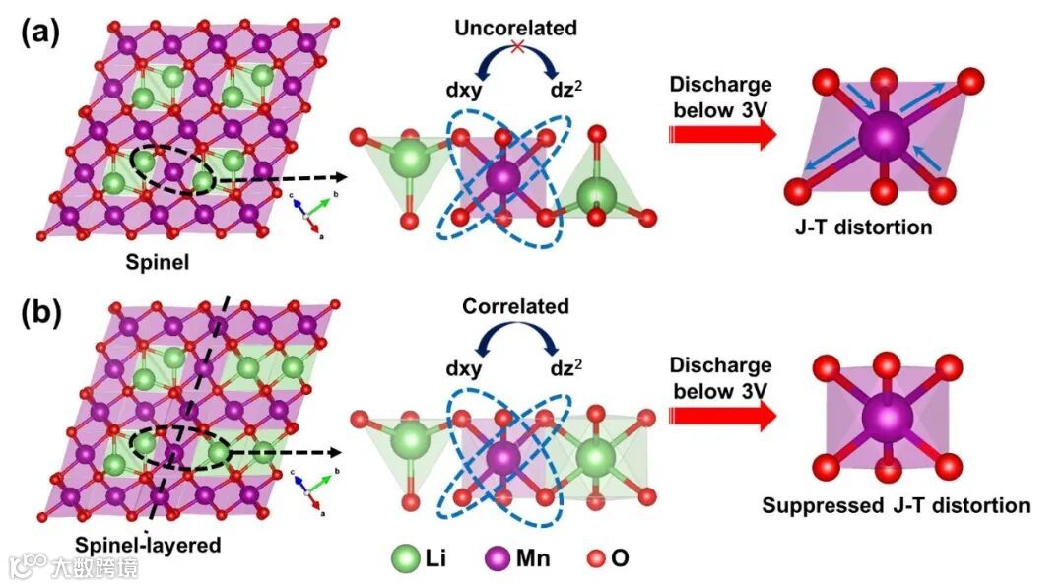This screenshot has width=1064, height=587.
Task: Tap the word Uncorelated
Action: [x=515, y=28]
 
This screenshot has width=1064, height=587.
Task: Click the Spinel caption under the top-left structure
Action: [x=158, y=262]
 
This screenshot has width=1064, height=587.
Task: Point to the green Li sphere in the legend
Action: [x=405, y=558]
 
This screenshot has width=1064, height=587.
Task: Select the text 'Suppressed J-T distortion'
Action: [x=896, y=506]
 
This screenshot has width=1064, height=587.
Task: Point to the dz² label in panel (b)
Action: [x=565, y=369]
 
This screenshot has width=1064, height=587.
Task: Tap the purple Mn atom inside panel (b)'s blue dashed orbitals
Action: [x=503, y=458]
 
